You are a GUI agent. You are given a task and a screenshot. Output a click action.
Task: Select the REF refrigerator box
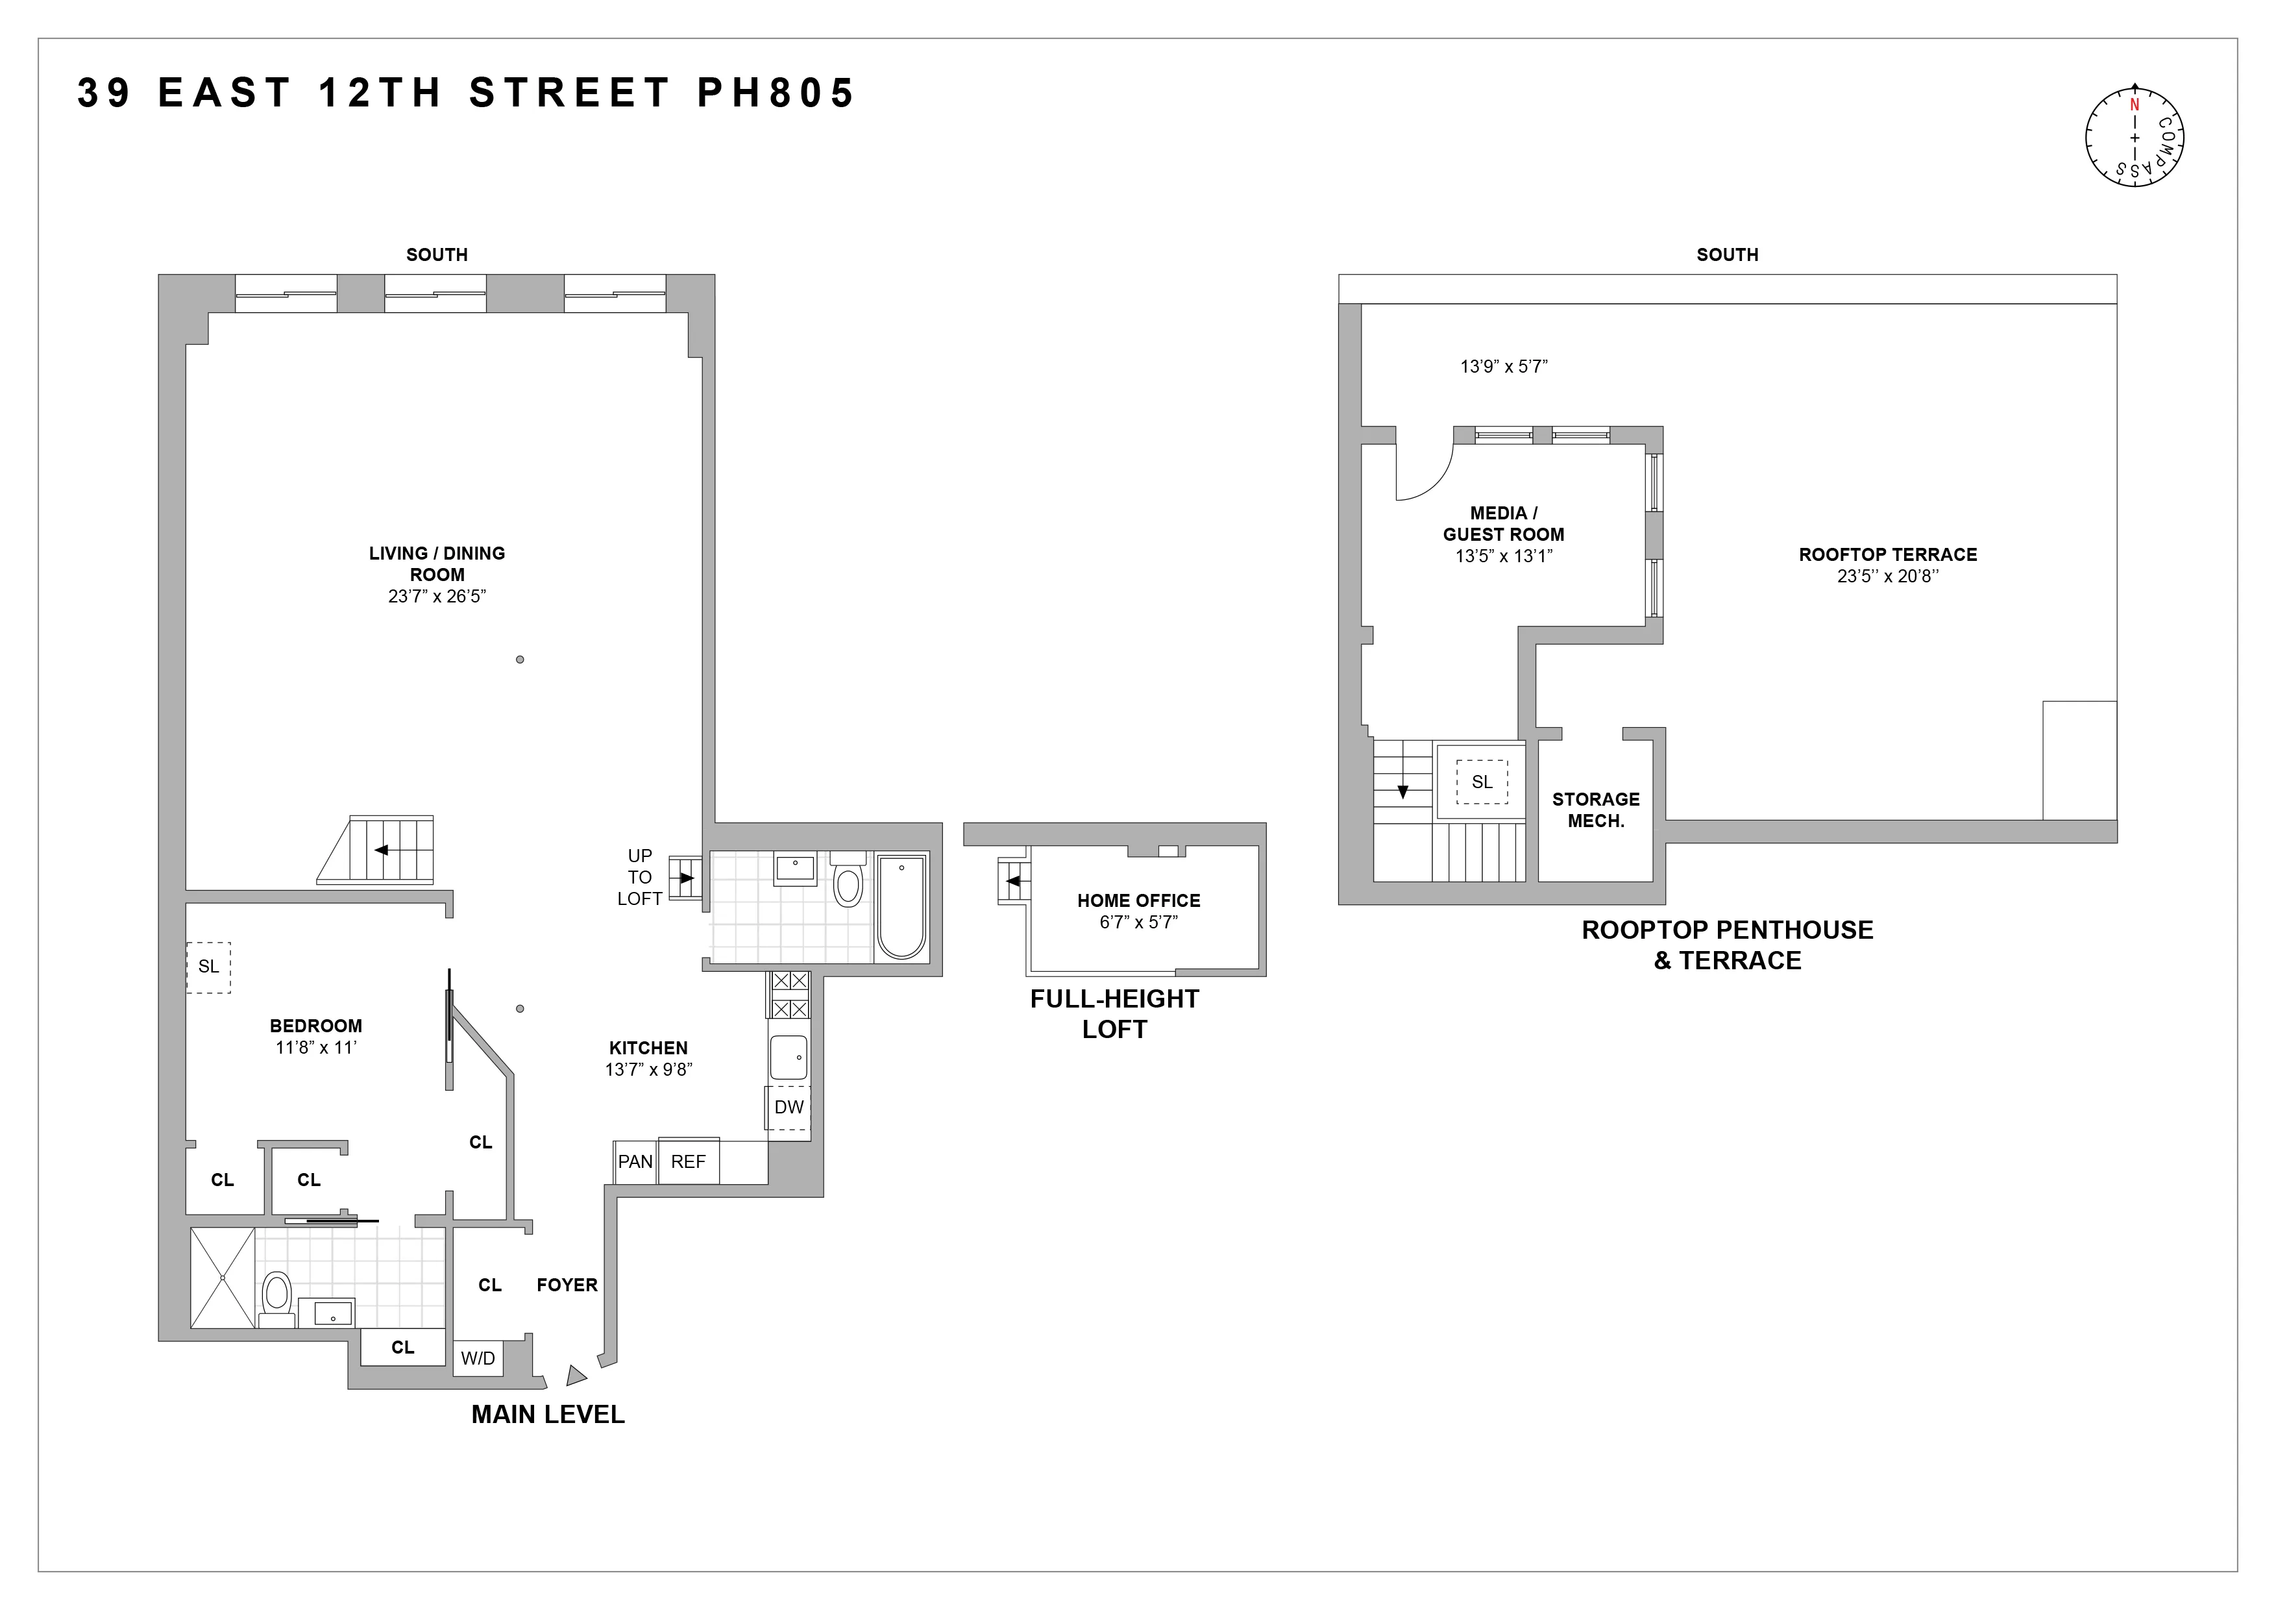(688, 1162)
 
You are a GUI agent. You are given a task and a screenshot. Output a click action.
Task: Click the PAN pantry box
(635, 1162)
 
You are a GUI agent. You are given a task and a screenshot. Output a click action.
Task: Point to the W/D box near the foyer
(478, 1358)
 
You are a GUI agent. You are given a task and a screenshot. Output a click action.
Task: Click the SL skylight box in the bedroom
(208, 967)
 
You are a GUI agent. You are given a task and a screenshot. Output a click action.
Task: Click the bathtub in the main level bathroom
(901, 907)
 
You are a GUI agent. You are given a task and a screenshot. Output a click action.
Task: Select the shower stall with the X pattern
(222, 1278)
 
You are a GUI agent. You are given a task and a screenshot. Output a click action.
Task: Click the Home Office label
(1138, 900)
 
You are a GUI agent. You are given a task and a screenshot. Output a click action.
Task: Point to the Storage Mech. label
(1595, 810)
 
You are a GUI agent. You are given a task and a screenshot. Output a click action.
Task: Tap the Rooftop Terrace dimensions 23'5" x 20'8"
(1887, 576)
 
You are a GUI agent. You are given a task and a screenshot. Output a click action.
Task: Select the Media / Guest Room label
(1503, 523)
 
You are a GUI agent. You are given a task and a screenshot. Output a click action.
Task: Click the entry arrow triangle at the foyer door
(575, 1376)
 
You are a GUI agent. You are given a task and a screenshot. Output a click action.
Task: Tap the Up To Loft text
(639, 877)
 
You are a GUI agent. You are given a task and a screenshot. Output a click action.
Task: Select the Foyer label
(567, 1285)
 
